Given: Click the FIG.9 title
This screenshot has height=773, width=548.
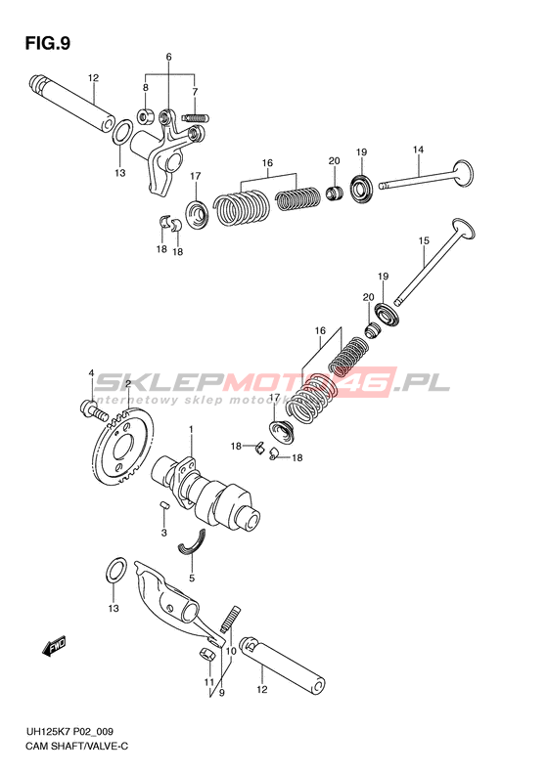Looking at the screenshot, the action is click(x=48, y=43).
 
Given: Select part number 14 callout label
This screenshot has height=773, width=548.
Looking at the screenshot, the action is click(x=418, y=150).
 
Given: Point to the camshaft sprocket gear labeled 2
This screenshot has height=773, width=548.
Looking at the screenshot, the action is click(x=122, y=448).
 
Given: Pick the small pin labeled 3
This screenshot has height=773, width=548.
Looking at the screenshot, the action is click(x=165, y=504).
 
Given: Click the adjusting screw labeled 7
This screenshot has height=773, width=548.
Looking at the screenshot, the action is click(x=197, y=118).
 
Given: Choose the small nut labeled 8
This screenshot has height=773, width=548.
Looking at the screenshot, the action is click(x=146, y=117).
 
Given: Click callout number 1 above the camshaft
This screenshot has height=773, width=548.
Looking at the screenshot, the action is click(x=191, y=430).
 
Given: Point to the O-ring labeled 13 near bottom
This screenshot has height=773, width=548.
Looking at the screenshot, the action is click(x=115, y=571).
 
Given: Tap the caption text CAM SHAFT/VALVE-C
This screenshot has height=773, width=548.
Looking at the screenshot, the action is click(x=76, y=746).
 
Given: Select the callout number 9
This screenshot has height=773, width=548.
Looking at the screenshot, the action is click(x=222, y=693).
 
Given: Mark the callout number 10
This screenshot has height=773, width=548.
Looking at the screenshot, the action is click(x=231, y=651).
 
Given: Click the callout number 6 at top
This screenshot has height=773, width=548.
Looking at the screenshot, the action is click(x=169, y=58).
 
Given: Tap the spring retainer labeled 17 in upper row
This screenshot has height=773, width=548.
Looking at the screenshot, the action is click(x=197, y=214).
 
